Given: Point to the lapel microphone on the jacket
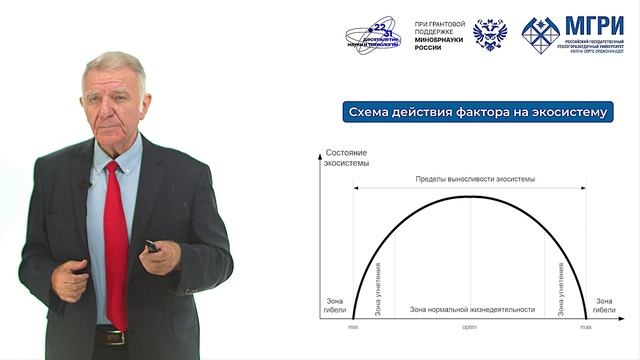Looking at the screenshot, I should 86,184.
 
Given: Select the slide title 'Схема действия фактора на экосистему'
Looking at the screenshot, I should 475,112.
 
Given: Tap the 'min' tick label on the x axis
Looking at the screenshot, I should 353,327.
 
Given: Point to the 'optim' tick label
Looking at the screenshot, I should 469,327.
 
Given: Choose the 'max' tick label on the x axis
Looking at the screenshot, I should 586,327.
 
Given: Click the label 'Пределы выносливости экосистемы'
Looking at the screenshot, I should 475,179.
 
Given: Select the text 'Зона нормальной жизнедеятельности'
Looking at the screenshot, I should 471,310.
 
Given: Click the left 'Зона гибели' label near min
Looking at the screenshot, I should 334,305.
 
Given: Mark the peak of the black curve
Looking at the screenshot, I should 470,196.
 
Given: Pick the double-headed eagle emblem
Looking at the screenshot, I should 489,34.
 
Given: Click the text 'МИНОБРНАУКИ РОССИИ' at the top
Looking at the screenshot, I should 435,44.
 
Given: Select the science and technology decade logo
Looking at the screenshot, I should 373,35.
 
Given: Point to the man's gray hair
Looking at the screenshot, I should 113,67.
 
